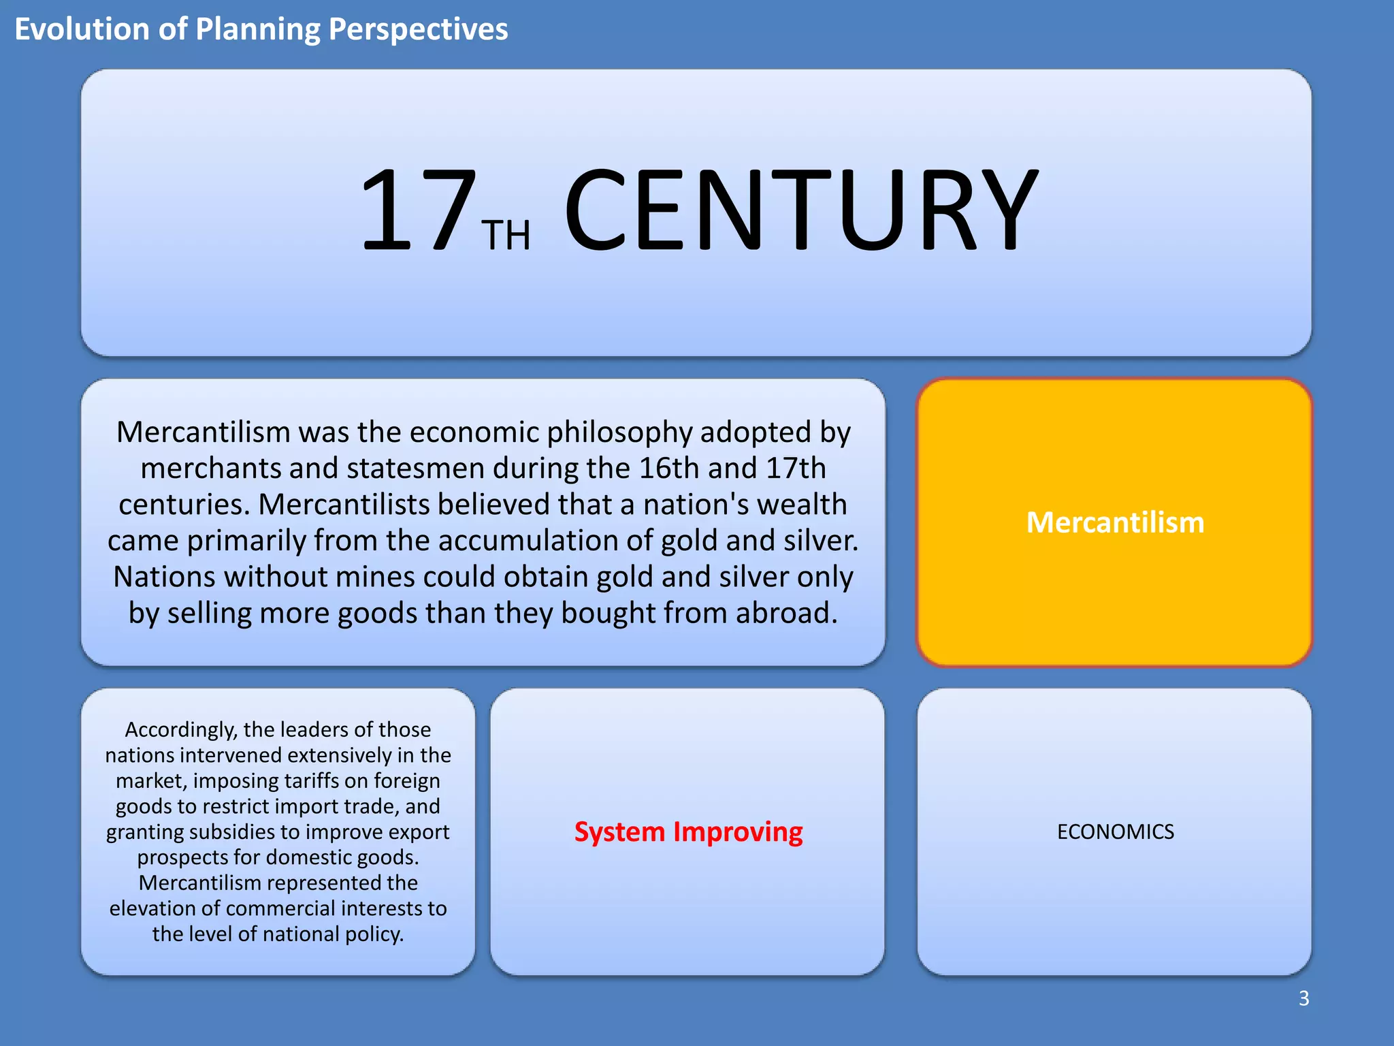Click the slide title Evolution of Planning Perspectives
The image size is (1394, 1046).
pos(261,29)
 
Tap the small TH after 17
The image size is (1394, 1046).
pos(506,236)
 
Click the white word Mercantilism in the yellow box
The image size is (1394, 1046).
pos(1115,522)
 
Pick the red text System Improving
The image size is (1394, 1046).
pos(688,831)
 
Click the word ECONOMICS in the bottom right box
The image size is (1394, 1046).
pos(1115,831)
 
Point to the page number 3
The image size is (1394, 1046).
pos(1303,998)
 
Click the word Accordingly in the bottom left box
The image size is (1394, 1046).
pos(181,730)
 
